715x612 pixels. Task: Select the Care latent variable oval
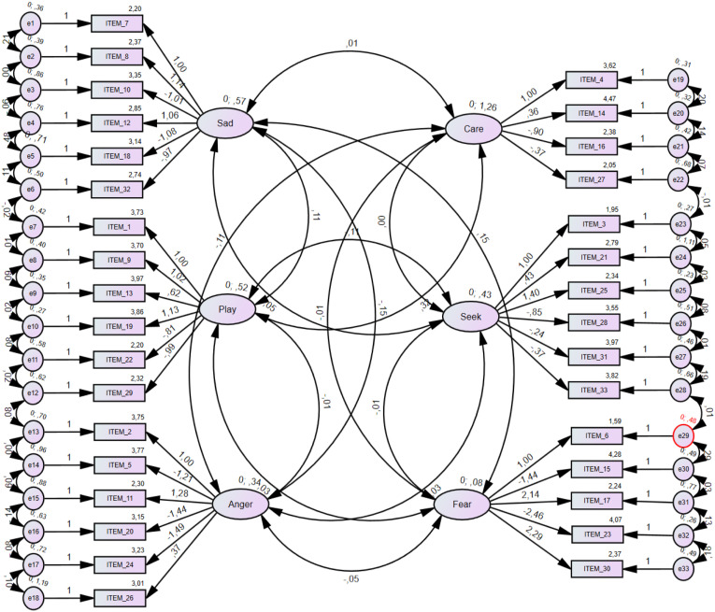[x=475, y=127]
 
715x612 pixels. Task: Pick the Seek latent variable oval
[x=475, y=317]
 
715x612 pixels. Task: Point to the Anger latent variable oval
[x=242, y=505]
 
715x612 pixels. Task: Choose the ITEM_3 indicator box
[x=594, y=224]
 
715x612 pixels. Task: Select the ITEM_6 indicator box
[x=594, y=436]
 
